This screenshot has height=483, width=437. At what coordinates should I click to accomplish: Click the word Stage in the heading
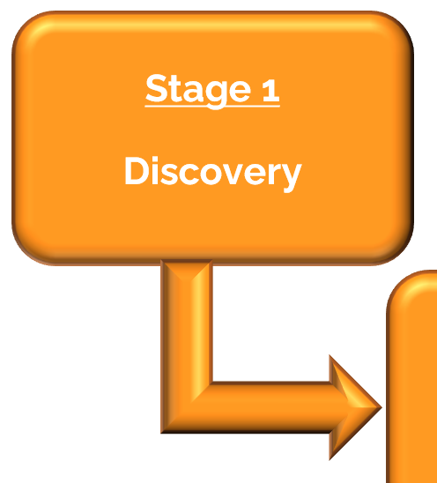pos(198,90)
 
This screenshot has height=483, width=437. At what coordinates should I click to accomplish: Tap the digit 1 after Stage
pos(271,90)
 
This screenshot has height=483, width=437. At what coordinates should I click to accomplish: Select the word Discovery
pos(213,173)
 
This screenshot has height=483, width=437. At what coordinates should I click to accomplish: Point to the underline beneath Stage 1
pos(212,106)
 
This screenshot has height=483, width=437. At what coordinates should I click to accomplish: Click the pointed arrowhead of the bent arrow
pos(355,407)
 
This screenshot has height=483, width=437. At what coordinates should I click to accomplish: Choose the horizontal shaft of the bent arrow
pos(271,407)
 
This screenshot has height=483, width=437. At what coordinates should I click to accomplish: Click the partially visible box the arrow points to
pos(412,377)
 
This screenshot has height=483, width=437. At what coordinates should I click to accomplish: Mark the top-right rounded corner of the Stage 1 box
pos(399,25)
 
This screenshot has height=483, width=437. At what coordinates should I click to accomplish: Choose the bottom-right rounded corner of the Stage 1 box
pos(399,251)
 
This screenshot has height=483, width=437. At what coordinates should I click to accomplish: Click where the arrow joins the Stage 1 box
pos(187,262)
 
